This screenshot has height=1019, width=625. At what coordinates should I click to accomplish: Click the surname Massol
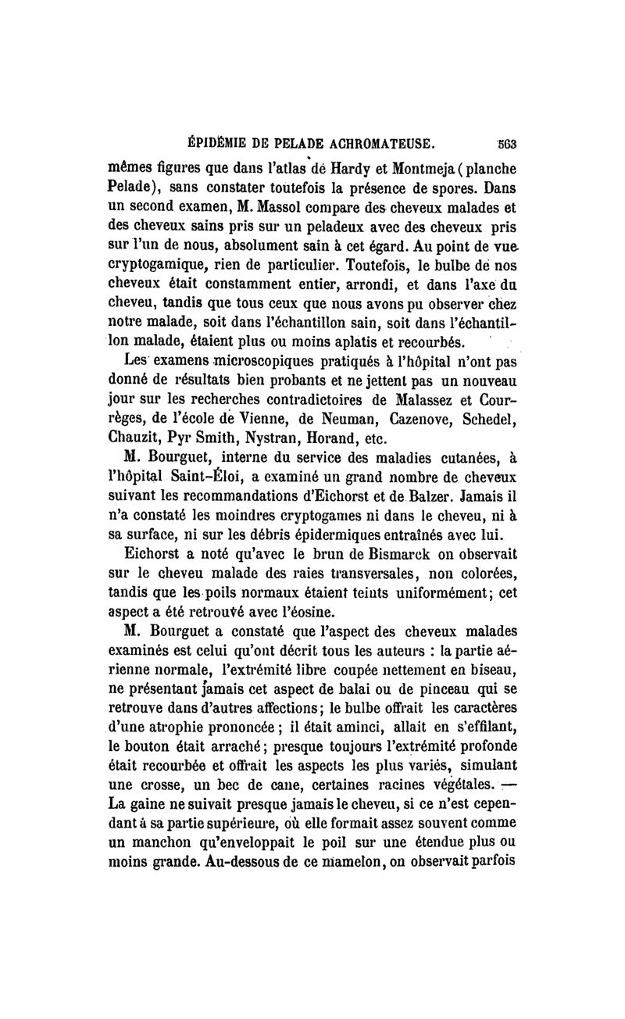pos(316,209)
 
